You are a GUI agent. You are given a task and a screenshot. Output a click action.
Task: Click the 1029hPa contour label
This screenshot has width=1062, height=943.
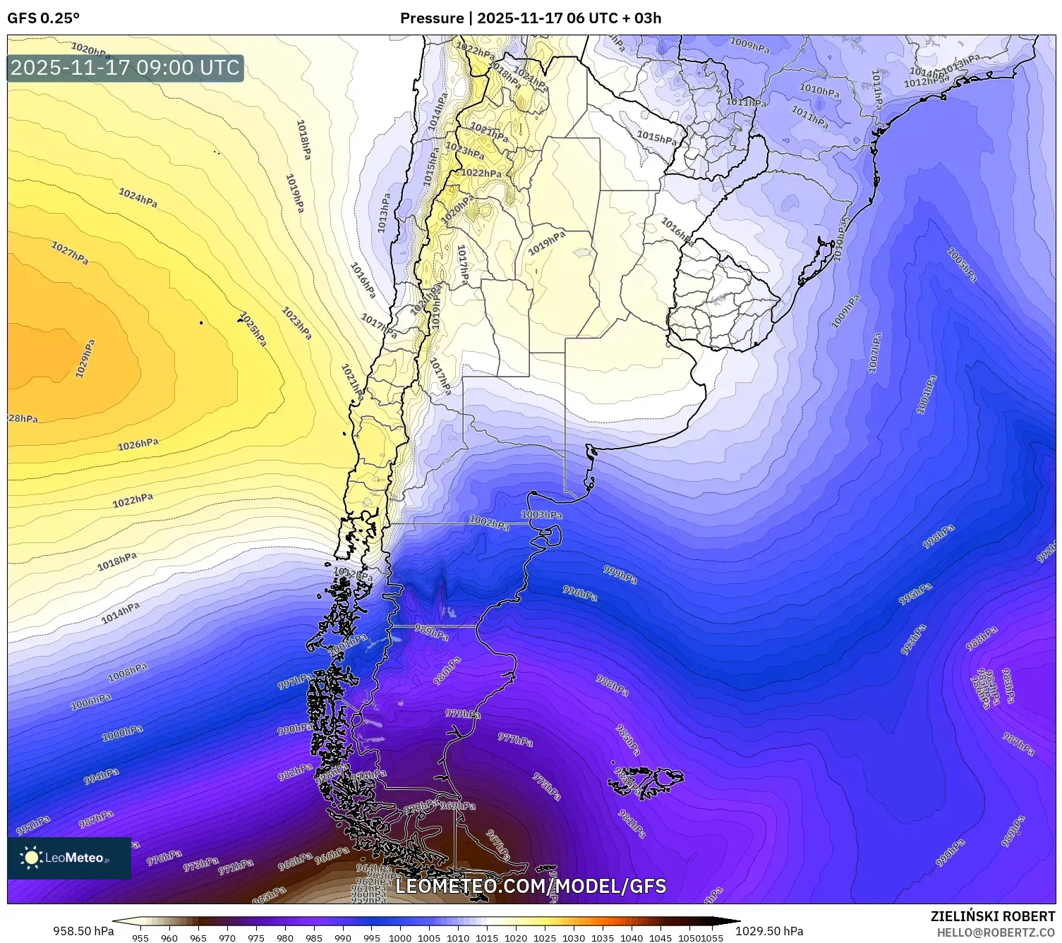click(85, 358)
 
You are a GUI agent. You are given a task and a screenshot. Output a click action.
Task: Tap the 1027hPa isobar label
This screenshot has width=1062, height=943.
click(69, 253)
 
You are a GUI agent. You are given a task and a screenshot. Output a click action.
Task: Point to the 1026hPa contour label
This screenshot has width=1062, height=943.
click(138, 444)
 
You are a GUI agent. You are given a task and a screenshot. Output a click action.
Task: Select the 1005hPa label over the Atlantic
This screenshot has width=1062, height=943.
click(962, 264)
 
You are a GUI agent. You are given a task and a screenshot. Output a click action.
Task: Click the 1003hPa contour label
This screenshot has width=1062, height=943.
click(541, 515)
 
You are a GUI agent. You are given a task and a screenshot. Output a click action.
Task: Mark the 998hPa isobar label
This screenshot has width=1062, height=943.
click(939, 537)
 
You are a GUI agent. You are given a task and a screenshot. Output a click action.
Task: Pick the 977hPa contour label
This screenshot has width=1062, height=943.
click(515, 739)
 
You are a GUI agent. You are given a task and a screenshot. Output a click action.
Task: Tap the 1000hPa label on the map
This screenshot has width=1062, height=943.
click(122, 733)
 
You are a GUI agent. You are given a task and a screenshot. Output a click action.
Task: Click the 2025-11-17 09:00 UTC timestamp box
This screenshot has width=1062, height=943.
click(125, 68)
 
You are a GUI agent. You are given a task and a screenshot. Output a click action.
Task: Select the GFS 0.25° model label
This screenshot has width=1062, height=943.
click(43, 18)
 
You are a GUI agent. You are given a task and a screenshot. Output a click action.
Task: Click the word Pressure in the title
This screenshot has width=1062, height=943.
click(431, 18)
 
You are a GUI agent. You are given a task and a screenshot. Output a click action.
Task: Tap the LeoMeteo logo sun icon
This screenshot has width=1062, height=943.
click(31, 857)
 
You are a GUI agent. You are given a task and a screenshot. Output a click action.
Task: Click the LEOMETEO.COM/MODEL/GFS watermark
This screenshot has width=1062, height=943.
click(531, 886)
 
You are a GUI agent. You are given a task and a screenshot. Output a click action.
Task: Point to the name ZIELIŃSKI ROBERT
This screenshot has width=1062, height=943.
click(993, 916)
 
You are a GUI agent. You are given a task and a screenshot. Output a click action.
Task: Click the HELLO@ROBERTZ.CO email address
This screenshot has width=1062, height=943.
click(996, 932)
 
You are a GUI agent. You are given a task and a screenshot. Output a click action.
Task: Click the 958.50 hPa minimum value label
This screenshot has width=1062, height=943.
click(83, 931)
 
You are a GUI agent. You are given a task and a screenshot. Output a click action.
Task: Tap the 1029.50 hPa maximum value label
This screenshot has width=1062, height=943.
click(769, 931)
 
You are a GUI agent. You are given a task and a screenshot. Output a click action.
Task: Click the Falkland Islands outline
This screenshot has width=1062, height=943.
click(646, 781)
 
